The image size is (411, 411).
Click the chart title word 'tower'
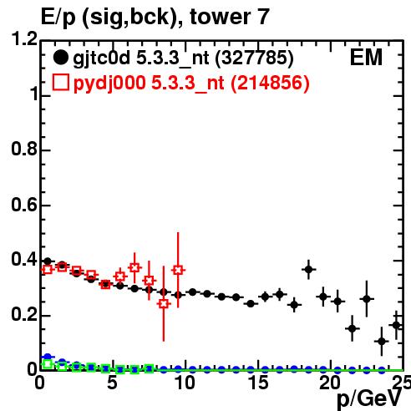point(219,17)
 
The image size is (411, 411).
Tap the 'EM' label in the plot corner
point(366,58)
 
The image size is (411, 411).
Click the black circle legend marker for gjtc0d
point(60,58)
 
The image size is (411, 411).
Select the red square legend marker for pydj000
point(61,83)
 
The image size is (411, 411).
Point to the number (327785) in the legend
point(254,58)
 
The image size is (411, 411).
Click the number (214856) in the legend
point(270,83)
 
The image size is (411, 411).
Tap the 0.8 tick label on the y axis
point(24,149)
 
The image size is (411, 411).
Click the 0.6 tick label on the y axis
point(24,205)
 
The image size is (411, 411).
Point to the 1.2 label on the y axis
point(24,39)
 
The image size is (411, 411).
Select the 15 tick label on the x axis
point(258,383)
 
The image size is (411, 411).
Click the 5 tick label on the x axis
point(112,383)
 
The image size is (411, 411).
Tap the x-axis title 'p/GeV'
point(369,399)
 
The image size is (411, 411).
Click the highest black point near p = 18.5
point(308,270)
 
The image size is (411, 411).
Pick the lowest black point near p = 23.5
point(382,341)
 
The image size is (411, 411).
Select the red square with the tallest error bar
point(178,270)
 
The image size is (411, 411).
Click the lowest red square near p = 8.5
point(164,303)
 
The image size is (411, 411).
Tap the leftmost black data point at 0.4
point(48,261)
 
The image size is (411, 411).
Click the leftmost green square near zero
point(48,364)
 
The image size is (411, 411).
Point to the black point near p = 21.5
point(353,328)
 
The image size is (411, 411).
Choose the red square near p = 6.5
point(134,268)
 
